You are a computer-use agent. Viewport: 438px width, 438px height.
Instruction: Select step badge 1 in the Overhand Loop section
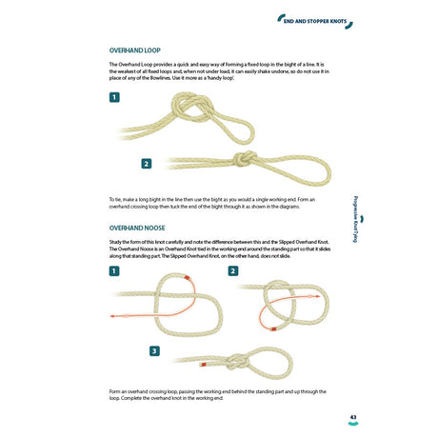pyautogui.click(x=115, y=97)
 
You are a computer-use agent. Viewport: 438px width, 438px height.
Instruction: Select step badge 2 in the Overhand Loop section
pyautogui.click(x=147, y=164)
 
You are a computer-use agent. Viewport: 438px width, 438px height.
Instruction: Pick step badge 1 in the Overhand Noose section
pyautogui.click(x=115, y=271)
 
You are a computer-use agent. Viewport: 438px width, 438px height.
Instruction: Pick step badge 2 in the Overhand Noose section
pyautogui.click(x=232, y=271)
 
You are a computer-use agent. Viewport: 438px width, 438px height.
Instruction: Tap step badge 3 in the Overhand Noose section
pyautogui.click(x=154, y=351)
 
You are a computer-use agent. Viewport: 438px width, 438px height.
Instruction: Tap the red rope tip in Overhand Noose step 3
pyautogui.click(x=201, y=364)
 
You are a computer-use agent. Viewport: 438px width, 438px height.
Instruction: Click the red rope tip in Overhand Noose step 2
pyautogui.click(x=273, y=328)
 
